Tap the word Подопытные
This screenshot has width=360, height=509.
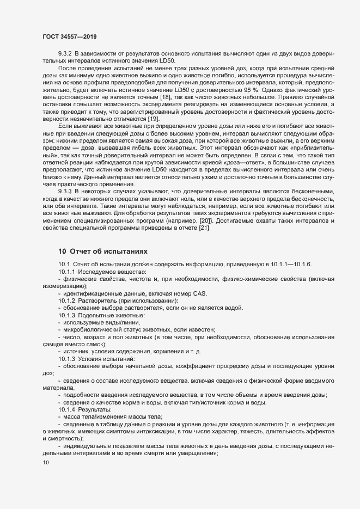pyautogui.click(x=99, y=316)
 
